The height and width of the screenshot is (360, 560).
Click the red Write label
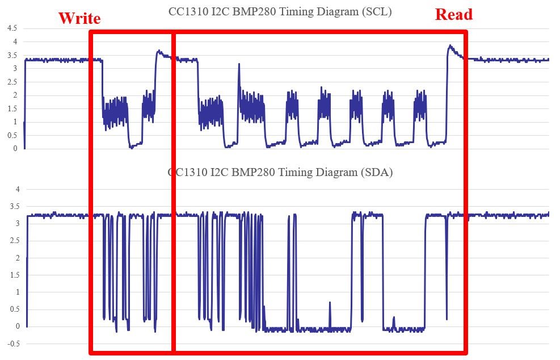79,18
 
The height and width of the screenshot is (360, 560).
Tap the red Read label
453,15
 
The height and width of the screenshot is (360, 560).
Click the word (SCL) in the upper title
377,11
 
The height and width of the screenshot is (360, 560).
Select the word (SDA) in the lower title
377,173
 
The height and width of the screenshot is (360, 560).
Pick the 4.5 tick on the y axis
11,28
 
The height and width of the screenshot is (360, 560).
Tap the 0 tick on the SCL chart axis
16,149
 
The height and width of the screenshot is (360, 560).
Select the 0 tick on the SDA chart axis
18,326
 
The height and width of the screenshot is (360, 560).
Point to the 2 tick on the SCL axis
16,95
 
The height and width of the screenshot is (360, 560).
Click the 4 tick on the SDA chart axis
18,189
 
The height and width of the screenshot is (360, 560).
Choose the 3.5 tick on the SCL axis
11,55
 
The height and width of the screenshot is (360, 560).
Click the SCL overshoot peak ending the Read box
450,46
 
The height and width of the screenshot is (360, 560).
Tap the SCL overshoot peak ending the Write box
159,51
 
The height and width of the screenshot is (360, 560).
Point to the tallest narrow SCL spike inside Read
239,64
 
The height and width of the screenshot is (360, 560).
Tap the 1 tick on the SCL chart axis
16,122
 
